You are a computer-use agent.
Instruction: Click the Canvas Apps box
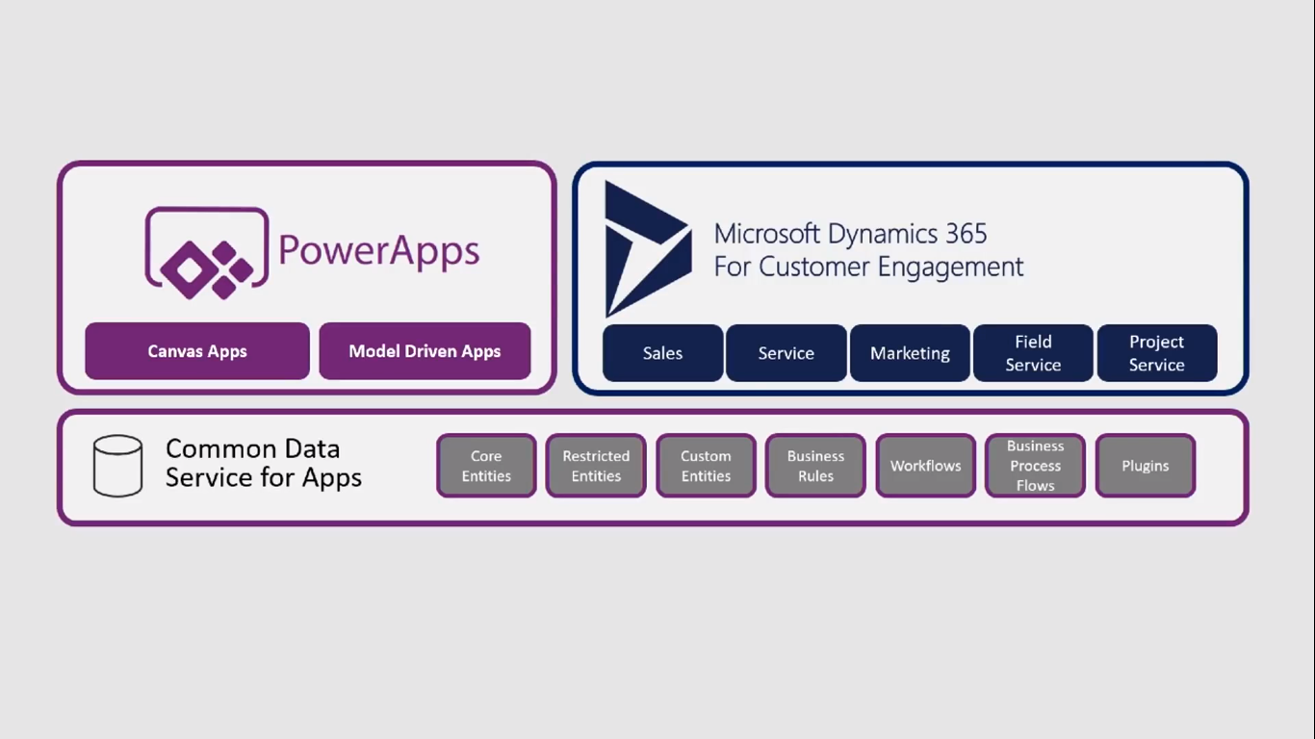(197, 351)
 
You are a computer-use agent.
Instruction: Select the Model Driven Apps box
(425, 351)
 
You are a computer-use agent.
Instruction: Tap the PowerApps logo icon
(206, 253)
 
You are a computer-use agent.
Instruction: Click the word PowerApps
(378, 250)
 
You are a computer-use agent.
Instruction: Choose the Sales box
(662, 353)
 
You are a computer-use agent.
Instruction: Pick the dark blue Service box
(786, 353)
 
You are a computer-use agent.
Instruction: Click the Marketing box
(910, 353)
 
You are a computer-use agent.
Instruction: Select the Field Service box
(1033, 353)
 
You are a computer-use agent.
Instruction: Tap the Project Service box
(1156, 353)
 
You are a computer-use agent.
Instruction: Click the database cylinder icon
(117, 466)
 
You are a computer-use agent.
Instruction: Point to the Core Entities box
(486, 466)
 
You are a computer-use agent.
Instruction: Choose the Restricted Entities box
(596, 466)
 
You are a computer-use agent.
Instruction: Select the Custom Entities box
(706, 466)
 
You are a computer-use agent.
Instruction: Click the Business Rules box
(815, 466)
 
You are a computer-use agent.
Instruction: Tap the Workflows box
(925, 466)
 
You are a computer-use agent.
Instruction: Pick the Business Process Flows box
(1035, 466)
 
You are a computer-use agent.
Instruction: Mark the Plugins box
(1145, 466)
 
